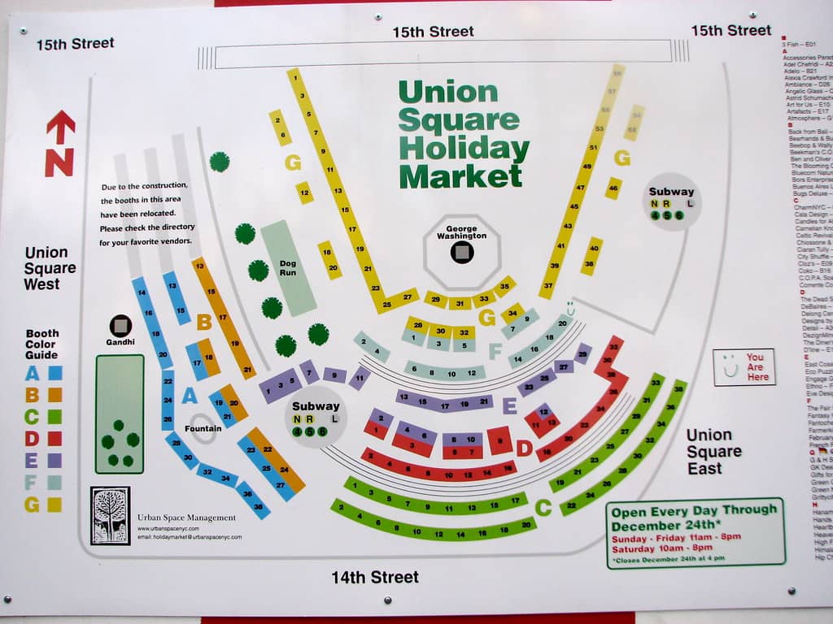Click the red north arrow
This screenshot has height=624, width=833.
click(x=59, y=143)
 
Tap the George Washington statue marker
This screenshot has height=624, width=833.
click(x=462, y=253)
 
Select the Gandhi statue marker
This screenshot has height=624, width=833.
click(x=120, y=326)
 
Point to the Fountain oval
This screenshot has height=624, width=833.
click(x=203, y=428)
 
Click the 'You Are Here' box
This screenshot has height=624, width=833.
click(x=744, y=366)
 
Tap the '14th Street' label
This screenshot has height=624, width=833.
click(x=374, y=577)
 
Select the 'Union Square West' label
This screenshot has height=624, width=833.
click(x=50, y=268)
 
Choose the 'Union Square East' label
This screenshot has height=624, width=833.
click(x=713, y=452)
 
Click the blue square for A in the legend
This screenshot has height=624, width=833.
click(x=55, y=374)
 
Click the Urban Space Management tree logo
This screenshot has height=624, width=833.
click(x=110, y=515)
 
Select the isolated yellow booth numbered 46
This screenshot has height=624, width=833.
click(x=613, y=188)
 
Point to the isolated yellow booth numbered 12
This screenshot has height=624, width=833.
click(x=304, y=193)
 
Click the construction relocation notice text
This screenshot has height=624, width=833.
click(x=147, y=213)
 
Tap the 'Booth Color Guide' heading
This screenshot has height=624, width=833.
click(x=42, y=344)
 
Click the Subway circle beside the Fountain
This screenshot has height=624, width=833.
click(x=316, y=417)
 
